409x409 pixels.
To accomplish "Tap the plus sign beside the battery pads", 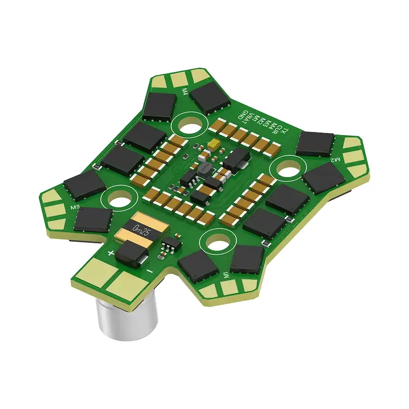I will [110, 253].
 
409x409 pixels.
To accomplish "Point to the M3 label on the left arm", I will [75, 207].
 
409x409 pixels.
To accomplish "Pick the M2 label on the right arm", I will [335, 161].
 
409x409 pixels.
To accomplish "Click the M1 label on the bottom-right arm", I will [225, 276].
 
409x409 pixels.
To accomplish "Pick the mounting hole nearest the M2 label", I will [286, 169].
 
